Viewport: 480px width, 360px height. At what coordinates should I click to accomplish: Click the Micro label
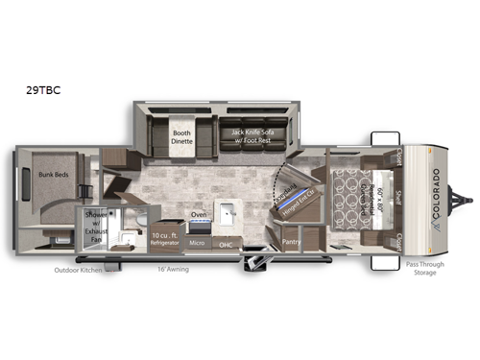point(196,243)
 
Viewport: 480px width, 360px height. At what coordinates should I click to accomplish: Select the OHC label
point(227,243)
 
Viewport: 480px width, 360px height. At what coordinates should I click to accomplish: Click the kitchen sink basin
point(229,213)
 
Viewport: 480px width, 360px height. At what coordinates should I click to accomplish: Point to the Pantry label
point(292,243)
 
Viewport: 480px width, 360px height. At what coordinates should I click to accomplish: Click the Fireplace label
point(285,188)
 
